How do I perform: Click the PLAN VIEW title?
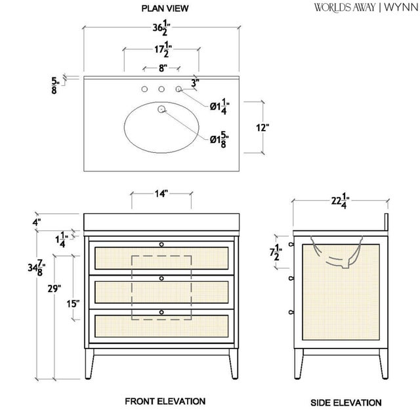(165, 9)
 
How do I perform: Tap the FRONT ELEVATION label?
(165, 401)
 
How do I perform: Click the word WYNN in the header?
(396, 8)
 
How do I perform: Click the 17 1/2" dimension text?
(161, 51)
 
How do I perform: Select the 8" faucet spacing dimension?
(161, 68)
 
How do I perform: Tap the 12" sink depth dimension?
(263, 128)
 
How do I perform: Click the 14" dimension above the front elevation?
(161, 194)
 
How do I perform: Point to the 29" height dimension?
(54, 287)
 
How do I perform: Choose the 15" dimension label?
(73, 303)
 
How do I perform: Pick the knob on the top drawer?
(161, 244)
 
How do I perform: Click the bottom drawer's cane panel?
(161, 326)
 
